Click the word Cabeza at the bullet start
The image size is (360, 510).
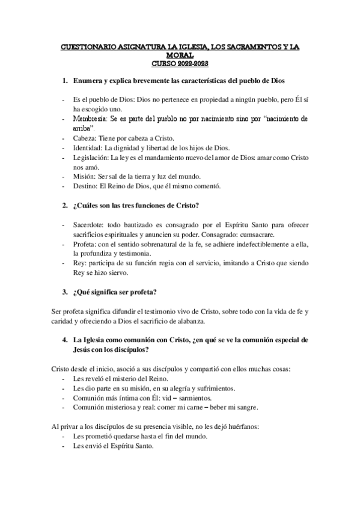pyautogui.click(x=85, y=138)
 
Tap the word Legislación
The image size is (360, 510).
pyautogui.click(x=92, y=157)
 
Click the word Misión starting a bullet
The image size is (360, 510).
pyautogui.click(x=85, y=176)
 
